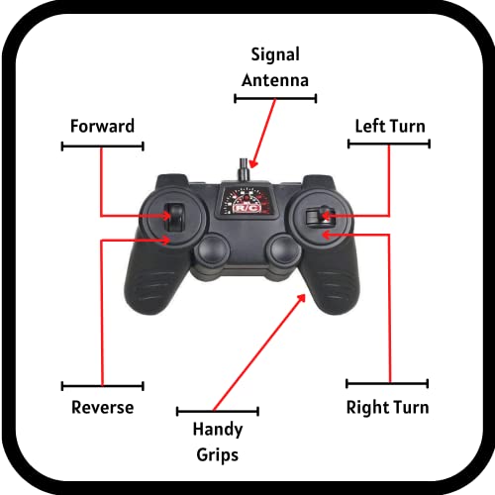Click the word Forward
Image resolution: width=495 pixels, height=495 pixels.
coord(102,126)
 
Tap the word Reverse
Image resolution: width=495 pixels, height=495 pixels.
coord(103,407)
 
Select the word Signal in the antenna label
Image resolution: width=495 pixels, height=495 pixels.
coord(275,55)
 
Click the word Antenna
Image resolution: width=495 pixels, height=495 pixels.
coord(275,80)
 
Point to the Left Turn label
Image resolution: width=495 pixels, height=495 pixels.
coord(390,126)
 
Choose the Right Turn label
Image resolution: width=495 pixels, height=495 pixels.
coord(387,408)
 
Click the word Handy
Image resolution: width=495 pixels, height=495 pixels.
coord(218,430)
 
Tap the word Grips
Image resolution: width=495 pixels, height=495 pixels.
coord(218,455)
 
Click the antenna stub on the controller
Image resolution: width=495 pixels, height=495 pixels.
coord(245,170)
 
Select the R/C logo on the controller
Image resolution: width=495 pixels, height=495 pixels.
coord(247,208)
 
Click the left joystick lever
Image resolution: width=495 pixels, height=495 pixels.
coord(173,218)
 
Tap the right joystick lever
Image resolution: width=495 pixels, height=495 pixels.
coord(321,216)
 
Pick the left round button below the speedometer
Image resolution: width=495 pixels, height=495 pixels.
coord(212,249)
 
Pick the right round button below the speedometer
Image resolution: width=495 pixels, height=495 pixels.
coord(284,249)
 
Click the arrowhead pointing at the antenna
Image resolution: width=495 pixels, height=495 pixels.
coord(252,163)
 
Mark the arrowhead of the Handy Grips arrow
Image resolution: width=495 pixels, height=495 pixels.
coord(301,298)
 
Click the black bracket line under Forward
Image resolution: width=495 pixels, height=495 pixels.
coord(102,147)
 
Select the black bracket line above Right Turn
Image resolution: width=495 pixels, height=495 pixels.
coord(387,383)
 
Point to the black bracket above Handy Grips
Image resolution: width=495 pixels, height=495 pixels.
coord(218,411)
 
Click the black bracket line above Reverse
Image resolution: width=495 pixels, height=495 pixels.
coord(103,386)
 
